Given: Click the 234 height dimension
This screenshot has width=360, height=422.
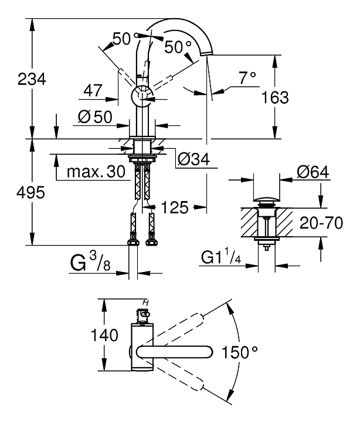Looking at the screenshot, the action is coord(32,79).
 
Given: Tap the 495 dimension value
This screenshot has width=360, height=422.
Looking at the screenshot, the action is coord(30,193).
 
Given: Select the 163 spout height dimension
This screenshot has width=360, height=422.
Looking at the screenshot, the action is coord(275,97).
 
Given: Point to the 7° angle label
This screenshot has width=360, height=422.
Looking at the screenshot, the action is coord(247,78).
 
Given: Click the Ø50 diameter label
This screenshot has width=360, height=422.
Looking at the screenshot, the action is coord(95,117).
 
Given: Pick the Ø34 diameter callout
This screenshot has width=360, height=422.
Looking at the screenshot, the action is coord(193,159).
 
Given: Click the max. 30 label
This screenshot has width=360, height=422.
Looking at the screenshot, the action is coord(96,171).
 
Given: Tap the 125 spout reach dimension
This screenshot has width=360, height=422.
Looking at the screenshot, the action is coord(175,207).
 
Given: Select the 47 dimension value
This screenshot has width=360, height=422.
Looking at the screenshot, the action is coord(93,90).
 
